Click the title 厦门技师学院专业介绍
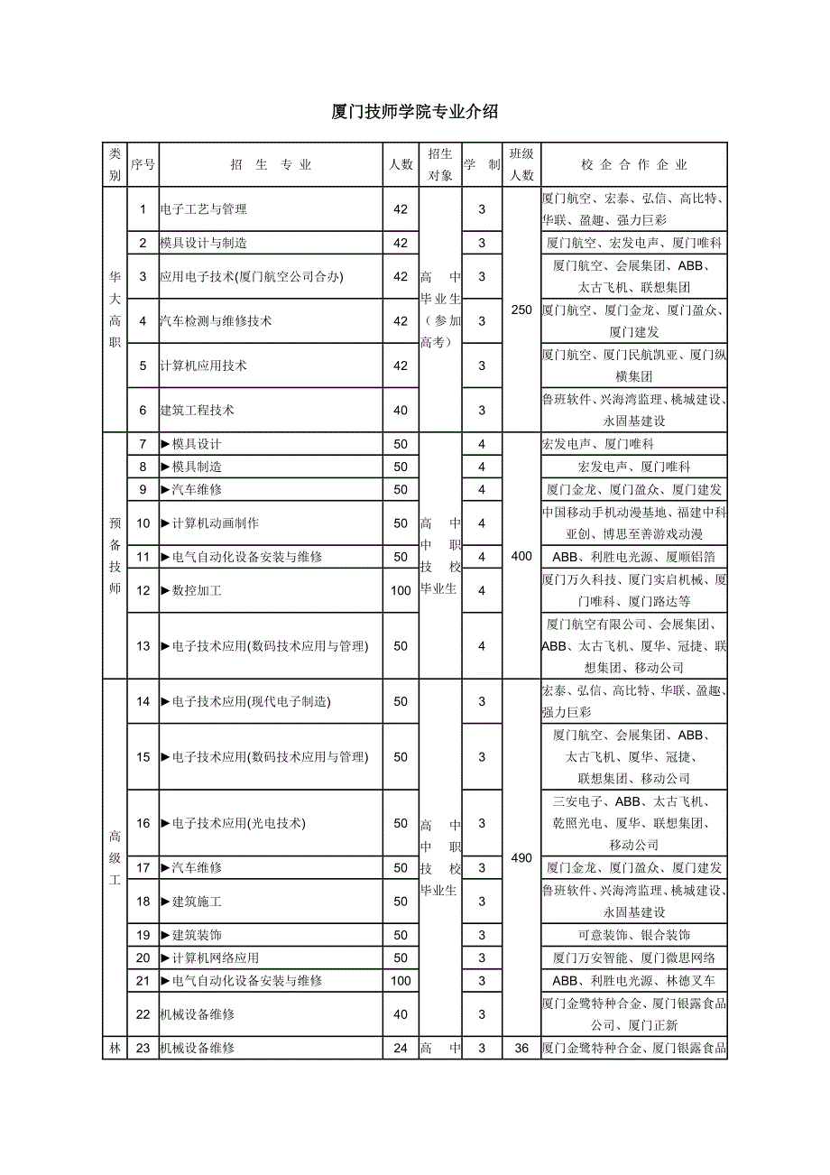[415, 112]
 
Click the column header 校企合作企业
[634, 164]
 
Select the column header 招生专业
[271, 164]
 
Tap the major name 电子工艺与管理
[203, 209]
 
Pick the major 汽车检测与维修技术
[216, 320]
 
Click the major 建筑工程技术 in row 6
[197, 410]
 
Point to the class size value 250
[521, 310]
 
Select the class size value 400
[521, 556]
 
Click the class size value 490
[521, 857]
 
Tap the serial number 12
[143, 590]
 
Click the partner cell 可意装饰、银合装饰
[634, 935]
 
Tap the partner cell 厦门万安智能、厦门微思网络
[634, 958]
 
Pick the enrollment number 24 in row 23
[401, 1049]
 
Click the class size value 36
[521, 1049]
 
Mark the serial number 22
[143, 1014]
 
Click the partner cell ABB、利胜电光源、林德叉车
[634, 980]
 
